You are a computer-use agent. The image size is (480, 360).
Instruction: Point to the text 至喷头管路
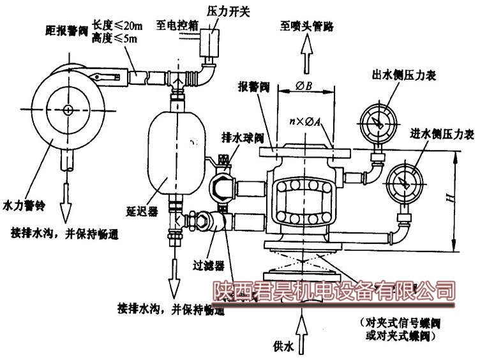point(306,27)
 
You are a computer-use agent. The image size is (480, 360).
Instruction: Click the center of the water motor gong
point(68,109)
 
